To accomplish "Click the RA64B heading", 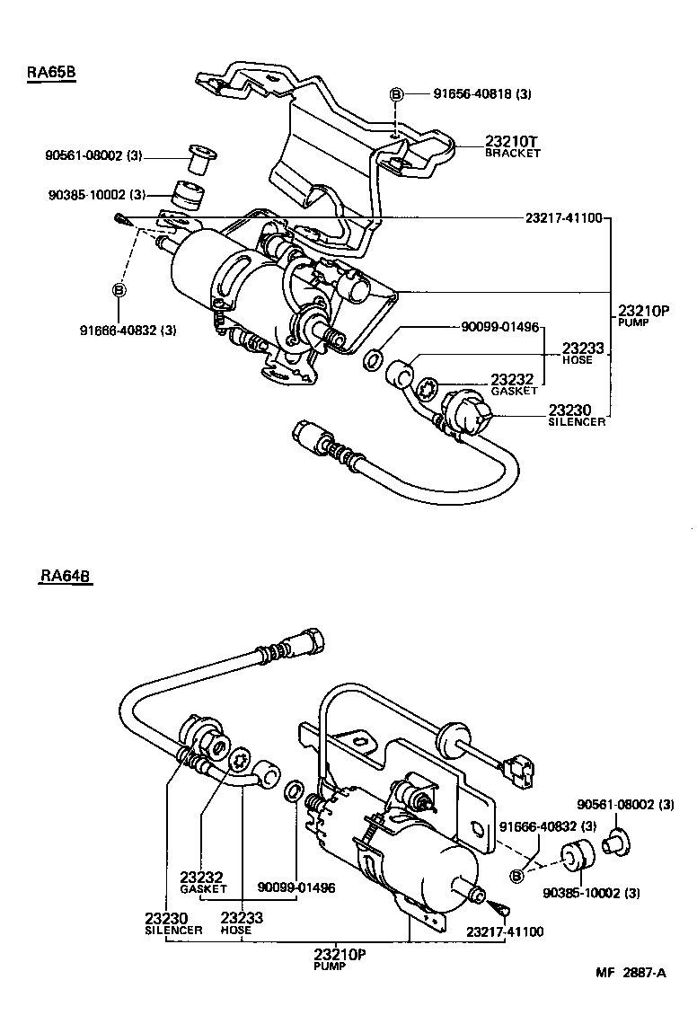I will pyautogui.click(x=66, y=577).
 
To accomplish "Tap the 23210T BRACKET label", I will pyautogui.click(x=513, y=146).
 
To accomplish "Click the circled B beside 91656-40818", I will pyautogui.click(x=395, y=94).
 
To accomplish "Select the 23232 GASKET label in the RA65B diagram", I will pyautogui.click(x=513, y=384).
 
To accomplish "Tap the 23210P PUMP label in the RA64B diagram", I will pyautogui.click(x=340, y=958).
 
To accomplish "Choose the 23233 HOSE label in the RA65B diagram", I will pyautogui.click(x=582, y=353).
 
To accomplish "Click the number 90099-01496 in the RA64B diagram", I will pyautogui.click(x=296, y=887).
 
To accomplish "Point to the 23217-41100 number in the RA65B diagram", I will pyautogui.click(x=564, y=218).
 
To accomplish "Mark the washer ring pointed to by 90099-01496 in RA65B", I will pyautogui.click(x=371, y=362).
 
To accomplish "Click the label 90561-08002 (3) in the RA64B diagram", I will pyautogui.click(x=625, y=804).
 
